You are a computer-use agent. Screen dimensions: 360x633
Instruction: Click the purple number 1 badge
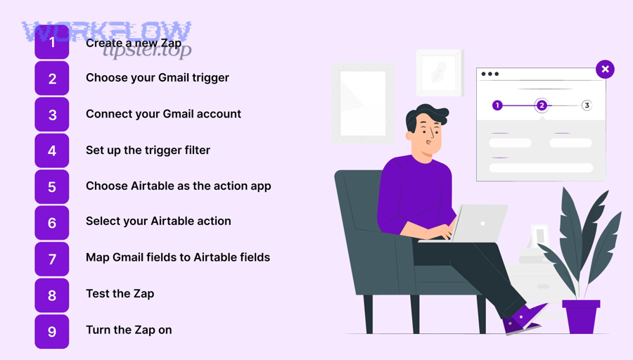point(52,42)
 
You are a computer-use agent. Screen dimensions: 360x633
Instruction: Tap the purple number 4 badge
point(52,150)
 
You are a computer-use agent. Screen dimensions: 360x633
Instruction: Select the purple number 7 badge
point(52,259)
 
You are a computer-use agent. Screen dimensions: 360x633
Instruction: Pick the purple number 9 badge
point(52,331)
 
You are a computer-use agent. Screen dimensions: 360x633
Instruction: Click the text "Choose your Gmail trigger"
point(157,77)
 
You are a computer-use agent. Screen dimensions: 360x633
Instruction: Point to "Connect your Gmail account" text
point(163,114)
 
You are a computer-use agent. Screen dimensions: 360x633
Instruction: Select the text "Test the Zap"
point(120,293)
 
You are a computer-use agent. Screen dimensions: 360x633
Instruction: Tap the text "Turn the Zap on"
point(129,330)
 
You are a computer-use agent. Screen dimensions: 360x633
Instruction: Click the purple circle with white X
point(605,69)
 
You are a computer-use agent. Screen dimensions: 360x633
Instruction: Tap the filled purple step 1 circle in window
point(497,105)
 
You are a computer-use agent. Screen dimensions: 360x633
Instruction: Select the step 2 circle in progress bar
point(542,105)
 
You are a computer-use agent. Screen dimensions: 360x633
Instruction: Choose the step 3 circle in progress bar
point(587,105)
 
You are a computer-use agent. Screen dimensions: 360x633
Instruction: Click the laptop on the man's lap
point(478,224)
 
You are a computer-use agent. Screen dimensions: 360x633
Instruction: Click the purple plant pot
point(581,316)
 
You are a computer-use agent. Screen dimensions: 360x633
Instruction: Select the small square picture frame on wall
point(440,72)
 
